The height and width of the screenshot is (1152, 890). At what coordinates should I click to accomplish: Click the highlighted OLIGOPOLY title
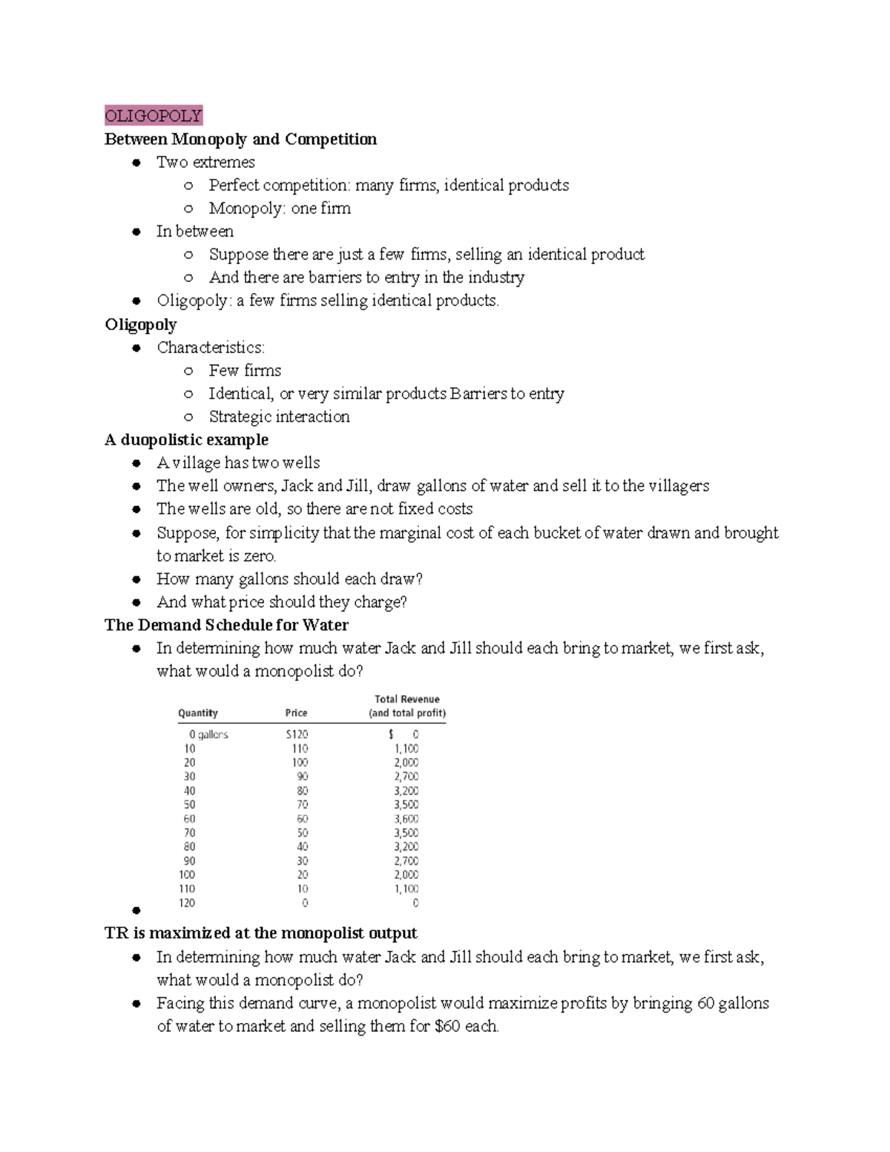[154, 116]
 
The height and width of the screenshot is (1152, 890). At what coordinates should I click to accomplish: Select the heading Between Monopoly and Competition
[240, 139]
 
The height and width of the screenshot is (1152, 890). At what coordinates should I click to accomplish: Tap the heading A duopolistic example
[186, 439]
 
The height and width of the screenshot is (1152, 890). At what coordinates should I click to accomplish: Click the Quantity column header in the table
[198, 713]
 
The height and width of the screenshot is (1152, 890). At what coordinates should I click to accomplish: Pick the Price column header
[296, 713]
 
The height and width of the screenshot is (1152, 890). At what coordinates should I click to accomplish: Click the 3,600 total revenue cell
[406, 819]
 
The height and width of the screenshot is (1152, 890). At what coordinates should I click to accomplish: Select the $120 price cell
[297, 734]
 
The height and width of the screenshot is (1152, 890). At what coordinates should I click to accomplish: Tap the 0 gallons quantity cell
[208, 734]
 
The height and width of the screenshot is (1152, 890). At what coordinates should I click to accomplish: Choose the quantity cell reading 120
[187, 903]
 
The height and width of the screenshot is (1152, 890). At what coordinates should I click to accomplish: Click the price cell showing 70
[303, 805]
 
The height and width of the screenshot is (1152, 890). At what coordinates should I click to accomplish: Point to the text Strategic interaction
[279, 416]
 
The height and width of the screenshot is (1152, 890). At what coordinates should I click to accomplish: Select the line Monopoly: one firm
[280, 208]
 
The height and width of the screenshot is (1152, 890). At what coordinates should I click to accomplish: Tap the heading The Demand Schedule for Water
[226, 625]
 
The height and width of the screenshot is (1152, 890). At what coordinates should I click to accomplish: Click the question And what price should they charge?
[282, 602]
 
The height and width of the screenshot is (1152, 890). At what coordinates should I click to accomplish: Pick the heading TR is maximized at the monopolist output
[260, 932]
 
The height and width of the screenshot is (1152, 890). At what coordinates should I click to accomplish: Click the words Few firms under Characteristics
[245, 370]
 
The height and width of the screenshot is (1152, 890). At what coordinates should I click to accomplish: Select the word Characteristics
[209, 347]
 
